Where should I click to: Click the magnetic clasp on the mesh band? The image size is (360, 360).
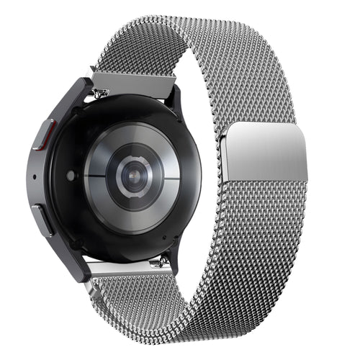click(265, 152)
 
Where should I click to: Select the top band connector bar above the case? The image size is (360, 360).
click(133, 81)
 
